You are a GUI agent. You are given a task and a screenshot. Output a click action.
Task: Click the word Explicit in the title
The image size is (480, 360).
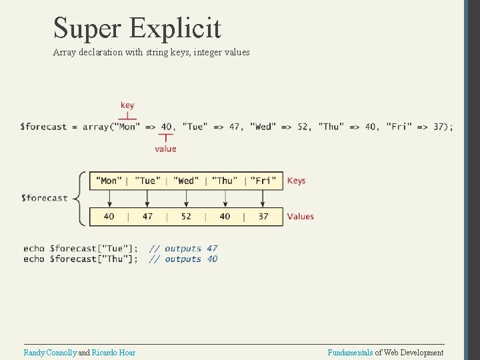(176, 29)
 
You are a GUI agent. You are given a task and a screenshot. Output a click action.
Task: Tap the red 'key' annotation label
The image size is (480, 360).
(127, 105)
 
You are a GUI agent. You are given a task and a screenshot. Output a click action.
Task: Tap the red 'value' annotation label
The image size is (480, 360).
(165, 149)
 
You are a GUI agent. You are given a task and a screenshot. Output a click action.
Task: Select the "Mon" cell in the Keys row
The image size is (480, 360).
(109, 181)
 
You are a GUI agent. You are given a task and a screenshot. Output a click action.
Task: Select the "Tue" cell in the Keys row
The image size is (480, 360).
(147, 181)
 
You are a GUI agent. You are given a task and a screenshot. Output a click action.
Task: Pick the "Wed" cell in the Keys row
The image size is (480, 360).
(186, 181)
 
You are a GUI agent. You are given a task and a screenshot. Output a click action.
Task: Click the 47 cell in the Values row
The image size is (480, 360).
(147, 216)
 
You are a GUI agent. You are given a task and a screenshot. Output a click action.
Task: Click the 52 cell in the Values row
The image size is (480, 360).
(186, 216)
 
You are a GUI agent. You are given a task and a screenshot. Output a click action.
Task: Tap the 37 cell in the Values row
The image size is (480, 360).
(263, 216)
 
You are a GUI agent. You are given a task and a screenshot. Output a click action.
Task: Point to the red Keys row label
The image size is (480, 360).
(296, 181)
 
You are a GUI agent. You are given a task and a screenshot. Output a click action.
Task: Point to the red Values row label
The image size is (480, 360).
(300, 216)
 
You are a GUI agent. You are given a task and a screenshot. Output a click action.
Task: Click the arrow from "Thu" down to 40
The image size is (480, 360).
(225, 198)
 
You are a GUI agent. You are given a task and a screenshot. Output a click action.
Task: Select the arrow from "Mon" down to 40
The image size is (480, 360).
(109, 198)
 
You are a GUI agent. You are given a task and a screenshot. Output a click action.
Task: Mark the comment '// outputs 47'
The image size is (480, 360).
(183, 249)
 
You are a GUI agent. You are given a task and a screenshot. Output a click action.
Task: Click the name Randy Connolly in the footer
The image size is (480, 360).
(50, 353)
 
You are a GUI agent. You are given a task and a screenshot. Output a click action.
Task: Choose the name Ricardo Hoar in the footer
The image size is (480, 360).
(113, 353)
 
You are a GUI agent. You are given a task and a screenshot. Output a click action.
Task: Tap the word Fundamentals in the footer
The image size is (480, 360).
(350, 353)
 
